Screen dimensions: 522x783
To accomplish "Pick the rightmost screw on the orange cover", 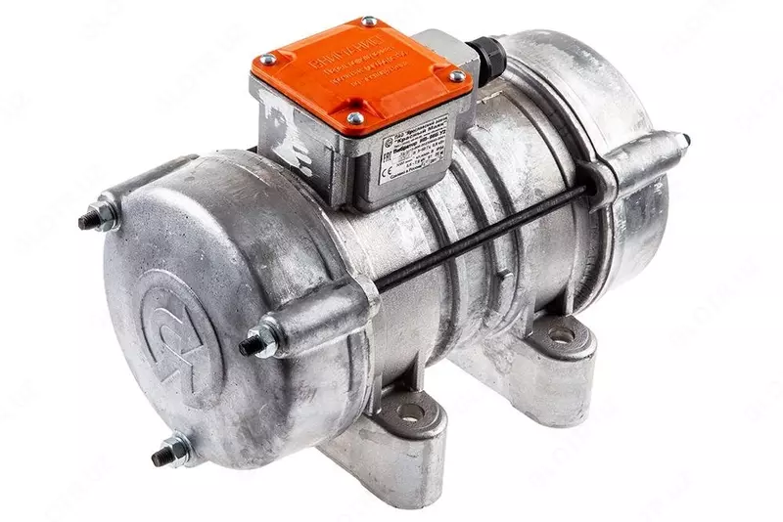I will (x=455, y=76).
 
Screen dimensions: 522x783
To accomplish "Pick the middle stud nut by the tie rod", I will (x=259, y=342).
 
